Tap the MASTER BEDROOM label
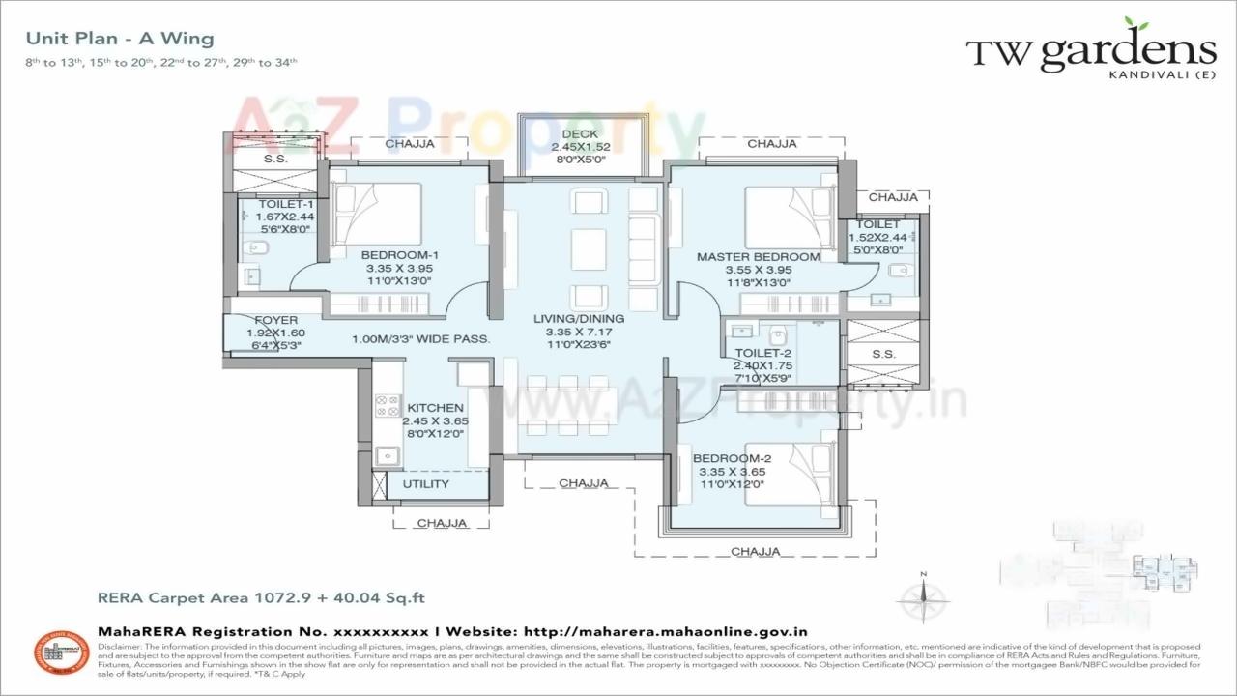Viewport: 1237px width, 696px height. coord(759,257)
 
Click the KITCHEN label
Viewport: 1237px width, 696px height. coord(435,408)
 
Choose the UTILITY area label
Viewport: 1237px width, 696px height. coord(426,483)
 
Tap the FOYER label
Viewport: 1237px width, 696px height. coord(275,320)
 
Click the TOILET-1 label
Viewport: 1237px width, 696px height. coord(286,204)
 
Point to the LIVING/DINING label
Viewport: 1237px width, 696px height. coord(579,318)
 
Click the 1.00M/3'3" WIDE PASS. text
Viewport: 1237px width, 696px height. coord(420,339)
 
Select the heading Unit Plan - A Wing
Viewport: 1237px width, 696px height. coord(120,39)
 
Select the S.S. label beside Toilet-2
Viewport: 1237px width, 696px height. coord(883,355)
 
